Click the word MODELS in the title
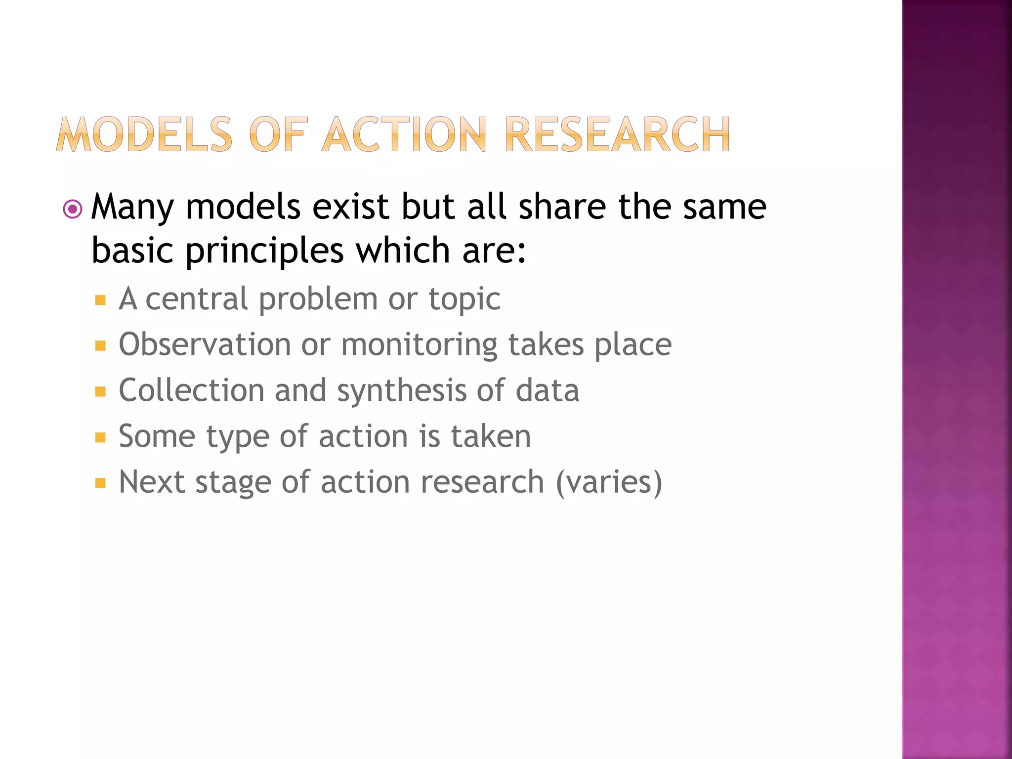[x=144, y=134]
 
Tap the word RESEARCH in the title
[x=617, y=134]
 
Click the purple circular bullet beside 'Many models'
[x=73, y=209]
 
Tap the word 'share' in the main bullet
[x=562, y=207]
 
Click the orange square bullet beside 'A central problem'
[x=100, y=300]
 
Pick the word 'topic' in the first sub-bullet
[x=464, y=299]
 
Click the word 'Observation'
[x=205, y=344]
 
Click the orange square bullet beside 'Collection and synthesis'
[x=100, y=392]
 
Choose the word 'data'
[x=547, y=390]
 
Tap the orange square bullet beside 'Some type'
[x=100, y=438]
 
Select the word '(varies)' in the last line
[x=609, y=482]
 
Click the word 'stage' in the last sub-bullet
[x=233, y=483]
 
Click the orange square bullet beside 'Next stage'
[x=100, y=483]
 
